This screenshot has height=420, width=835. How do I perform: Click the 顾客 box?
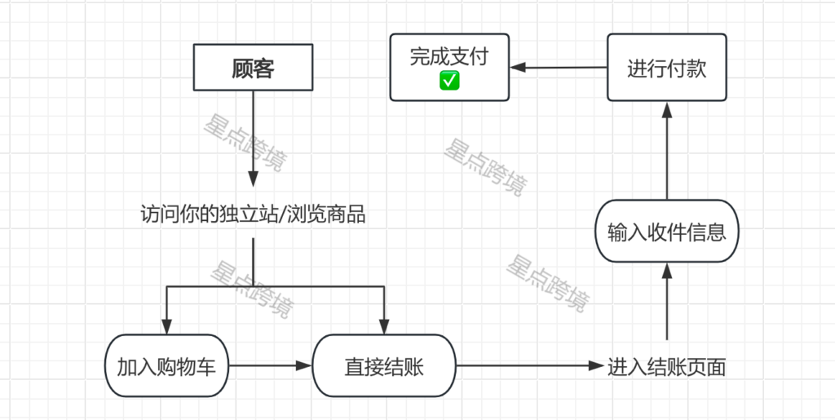(x=253, y=68)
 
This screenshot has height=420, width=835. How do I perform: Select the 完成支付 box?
(x=449, y=66)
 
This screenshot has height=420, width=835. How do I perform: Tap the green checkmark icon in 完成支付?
(x=449, y=80)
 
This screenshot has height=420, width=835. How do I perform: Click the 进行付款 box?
(x=666, y=67)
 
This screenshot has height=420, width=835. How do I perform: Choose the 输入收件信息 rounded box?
(x=666, y=232)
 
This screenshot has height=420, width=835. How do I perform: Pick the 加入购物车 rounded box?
(x=166, y=366)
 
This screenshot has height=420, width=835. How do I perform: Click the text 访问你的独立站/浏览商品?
(x=253, y=215)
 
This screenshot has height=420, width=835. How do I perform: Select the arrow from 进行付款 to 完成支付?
(x=559, y=68)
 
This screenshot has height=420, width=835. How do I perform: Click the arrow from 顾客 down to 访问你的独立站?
(x=253, y=139)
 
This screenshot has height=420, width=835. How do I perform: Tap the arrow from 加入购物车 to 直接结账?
(x=269, y=366)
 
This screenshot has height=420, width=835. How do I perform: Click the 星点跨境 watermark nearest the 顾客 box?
(x=243, y=144)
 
